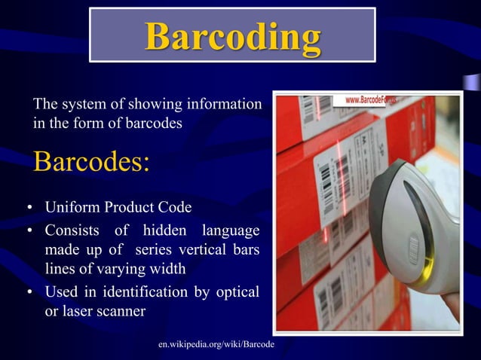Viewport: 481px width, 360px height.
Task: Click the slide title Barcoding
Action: [232, 35]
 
